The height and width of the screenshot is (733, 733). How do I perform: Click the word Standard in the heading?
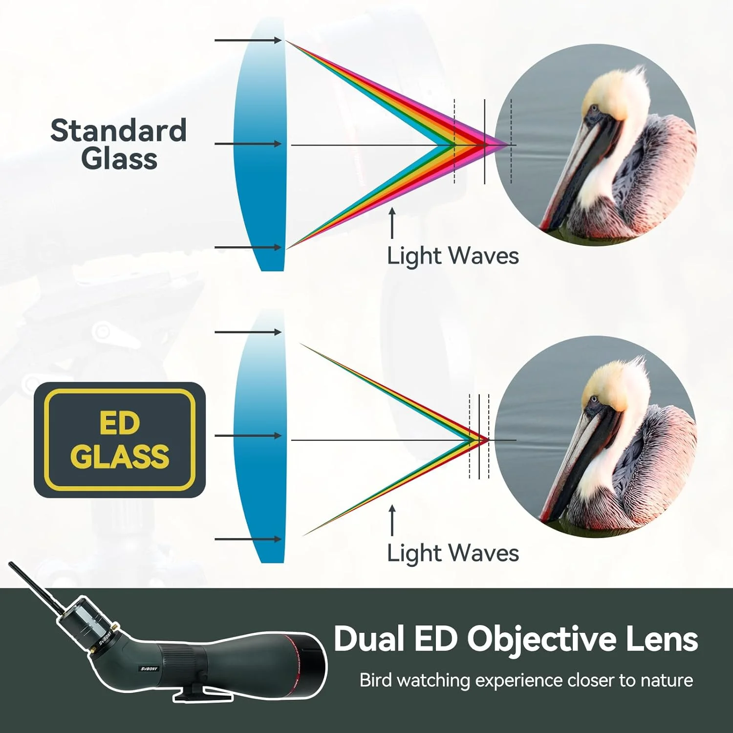(119, 130)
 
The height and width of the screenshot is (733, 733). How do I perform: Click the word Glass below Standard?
(119, 159)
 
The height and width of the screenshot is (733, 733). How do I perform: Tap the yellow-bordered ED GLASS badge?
(120, 440)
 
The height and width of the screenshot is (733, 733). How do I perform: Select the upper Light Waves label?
(453, 256)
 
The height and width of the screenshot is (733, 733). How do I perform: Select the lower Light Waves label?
(453, 553)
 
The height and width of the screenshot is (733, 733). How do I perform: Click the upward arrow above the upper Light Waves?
(392, 223)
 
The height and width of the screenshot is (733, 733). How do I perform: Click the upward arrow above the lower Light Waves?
(392, 520)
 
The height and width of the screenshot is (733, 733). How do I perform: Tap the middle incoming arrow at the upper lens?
(248, 144)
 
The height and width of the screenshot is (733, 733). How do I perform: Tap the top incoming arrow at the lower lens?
(248, 332)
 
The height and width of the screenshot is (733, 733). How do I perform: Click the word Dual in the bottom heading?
(369, 639)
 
